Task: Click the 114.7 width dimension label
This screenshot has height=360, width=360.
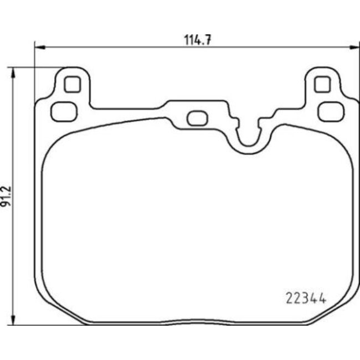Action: pos(198,40)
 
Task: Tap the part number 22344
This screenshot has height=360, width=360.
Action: pos(306,299)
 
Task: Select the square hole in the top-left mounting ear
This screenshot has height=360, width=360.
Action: pos(73,84)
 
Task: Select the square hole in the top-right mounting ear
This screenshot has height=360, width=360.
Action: pos(322,84)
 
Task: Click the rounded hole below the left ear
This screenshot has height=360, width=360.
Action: pos(64,112)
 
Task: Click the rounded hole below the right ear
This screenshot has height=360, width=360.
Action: pos(331,112)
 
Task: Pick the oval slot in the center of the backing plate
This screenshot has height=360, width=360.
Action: pos(198,118)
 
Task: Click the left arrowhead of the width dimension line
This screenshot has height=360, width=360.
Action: pos(39,47)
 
